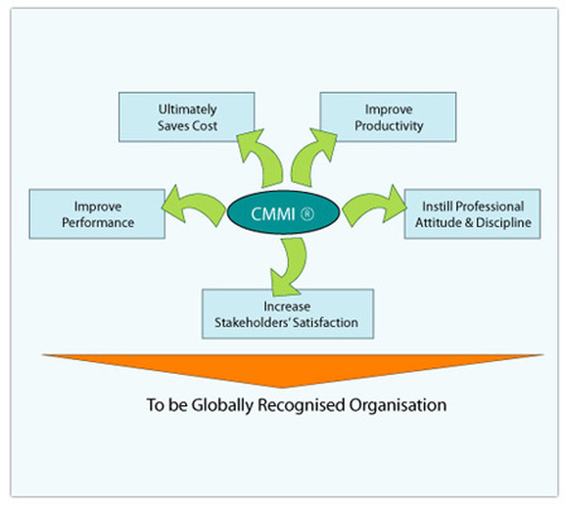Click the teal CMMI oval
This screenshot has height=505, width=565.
point(283,213)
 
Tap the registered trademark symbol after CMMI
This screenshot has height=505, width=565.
point(306,214)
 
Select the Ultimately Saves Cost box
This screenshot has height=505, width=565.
point(187,117)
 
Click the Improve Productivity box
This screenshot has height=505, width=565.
point(388,117)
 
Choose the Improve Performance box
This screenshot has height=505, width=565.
point(97,214)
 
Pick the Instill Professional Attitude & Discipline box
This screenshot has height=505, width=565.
point(472,214)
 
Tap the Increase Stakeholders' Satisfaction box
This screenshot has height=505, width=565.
point(288,314)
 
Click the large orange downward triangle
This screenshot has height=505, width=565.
point(293,367)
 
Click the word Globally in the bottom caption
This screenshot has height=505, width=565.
point(222,405)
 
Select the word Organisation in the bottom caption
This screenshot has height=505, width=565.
point(398,405)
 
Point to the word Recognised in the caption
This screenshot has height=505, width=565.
point(302,405)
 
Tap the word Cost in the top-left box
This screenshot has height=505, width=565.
point(205,126)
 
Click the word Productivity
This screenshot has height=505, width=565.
point(389,126)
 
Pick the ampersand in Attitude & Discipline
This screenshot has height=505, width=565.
point(468,222)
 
